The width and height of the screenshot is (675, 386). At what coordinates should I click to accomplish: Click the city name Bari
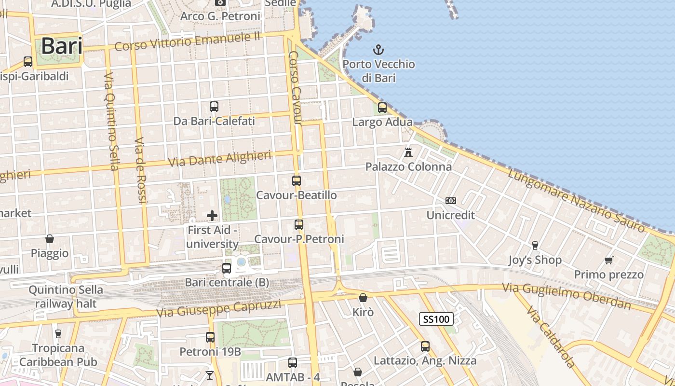61,46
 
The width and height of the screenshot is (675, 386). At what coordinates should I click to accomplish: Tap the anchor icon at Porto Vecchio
378,49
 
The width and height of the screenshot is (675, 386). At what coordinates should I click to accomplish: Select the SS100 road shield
436,318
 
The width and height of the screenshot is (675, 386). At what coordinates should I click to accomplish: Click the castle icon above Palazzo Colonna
408,152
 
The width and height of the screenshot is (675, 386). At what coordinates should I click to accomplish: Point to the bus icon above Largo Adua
382,108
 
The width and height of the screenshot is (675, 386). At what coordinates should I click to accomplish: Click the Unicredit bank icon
451,201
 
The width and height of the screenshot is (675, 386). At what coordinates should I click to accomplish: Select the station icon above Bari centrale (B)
227,268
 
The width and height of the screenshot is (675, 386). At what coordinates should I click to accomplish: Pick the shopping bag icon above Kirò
363,298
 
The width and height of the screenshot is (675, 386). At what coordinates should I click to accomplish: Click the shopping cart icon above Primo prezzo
608,261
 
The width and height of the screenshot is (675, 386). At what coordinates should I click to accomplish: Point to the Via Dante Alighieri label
219,159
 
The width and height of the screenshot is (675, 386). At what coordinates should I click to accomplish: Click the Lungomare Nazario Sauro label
576,201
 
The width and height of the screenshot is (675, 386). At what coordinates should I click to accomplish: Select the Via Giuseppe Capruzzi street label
218,309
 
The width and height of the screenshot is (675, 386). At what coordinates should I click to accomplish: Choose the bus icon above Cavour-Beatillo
297,181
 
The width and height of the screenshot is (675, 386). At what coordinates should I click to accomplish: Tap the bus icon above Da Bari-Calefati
214,107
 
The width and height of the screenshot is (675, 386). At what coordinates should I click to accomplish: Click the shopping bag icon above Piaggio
50,239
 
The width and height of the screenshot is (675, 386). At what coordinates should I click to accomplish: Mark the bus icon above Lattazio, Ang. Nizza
425,346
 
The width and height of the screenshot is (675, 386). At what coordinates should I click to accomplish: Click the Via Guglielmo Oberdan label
567,296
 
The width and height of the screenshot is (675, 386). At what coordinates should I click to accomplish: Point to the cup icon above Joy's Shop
535,246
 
